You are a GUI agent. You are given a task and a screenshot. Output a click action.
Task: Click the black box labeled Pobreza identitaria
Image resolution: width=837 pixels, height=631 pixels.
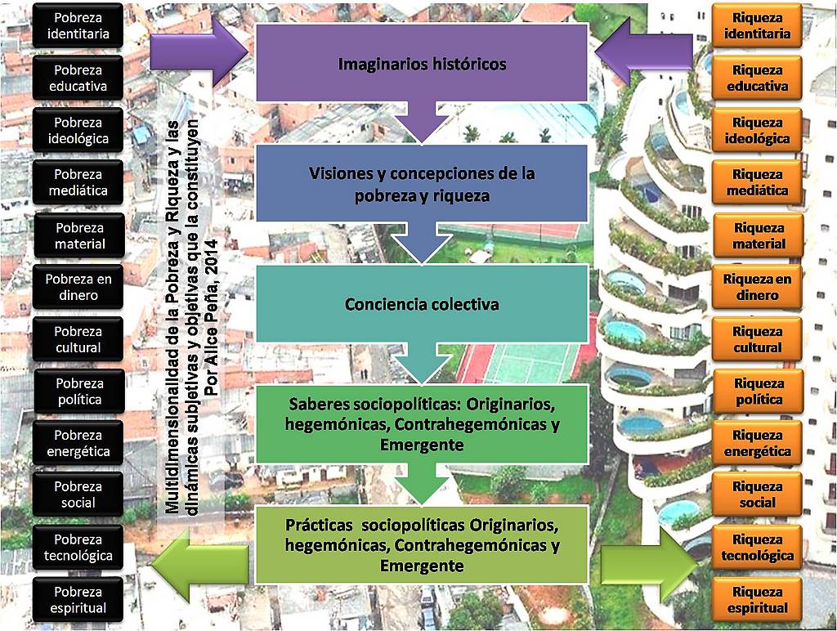78,25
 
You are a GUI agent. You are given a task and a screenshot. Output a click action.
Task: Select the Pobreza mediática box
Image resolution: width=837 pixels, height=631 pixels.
78,182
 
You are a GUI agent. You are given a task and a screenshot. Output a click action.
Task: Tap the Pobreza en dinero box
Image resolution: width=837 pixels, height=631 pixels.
78,287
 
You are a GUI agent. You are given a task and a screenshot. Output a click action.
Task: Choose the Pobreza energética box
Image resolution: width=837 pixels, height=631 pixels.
78,443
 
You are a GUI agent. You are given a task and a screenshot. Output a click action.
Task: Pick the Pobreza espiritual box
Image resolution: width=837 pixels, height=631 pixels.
78,600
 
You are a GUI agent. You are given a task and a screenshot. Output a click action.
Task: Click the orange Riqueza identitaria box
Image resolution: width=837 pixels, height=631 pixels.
757,25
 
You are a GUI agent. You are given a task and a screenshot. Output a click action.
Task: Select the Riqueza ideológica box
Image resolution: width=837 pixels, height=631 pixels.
757,131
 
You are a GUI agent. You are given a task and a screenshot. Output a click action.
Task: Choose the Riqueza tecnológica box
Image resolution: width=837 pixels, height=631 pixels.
757,548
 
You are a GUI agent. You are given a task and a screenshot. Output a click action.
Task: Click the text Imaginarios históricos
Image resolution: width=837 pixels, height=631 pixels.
422,64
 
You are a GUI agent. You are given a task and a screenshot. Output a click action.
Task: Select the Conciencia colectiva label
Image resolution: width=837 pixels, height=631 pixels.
422,305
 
